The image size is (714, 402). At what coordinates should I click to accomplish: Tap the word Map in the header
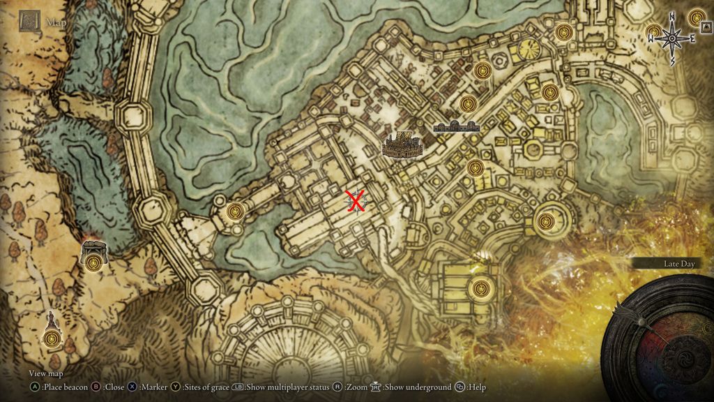55,22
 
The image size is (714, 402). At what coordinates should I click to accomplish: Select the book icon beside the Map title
29,21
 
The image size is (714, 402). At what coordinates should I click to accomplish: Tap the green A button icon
34,387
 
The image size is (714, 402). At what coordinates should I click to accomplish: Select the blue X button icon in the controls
133,387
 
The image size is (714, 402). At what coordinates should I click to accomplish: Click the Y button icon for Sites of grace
176,387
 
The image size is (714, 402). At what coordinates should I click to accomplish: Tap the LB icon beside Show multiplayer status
238,387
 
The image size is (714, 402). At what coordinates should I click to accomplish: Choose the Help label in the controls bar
477,387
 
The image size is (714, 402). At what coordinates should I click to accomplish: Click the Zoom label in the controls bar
358,387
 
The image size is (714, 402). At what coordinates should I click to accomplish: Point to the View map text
47,374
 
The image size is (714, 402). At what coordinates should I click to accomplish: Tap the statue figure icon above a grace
51,322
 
